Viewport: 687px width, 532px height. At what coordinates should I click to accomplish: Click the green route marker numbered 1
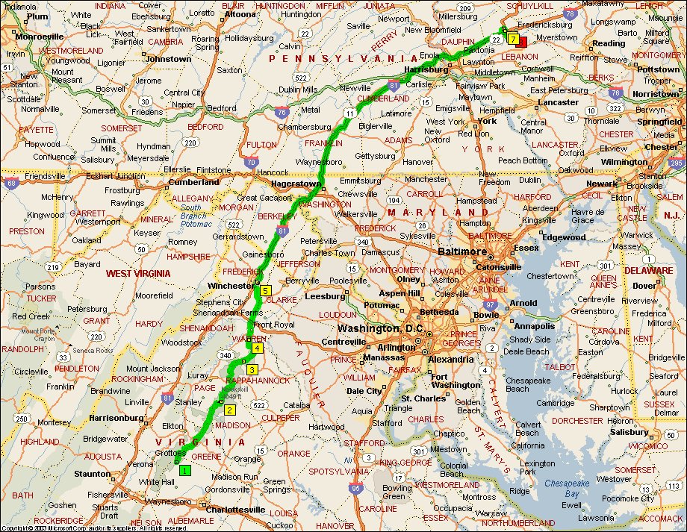184,470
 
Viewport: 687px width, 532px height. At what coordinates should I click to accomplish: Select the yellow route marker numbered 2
230,410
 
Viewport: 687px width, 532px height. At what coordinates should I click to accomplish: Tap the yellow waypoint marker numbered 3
252,370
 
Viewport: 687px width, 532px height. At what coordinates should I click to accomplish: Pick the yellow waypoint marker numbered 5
266,290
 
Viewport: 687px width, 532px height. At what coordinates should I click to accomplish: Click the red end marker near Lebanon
522,42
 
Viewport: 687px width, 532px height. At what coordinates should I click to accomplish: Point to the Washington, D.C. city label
379,329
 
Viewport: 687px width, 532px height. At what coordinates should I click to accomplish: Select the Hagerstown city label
296,184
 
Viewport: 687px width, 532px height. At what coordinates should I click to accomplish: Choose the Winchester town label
231,286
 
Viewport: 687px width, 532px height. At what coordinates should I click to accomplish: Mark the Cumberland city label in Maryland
193,181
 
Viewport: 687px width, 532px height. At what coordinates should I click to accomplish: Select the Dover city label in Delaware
644,285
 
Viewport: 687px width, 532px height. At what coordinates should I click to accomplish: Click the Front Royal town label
274,325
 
